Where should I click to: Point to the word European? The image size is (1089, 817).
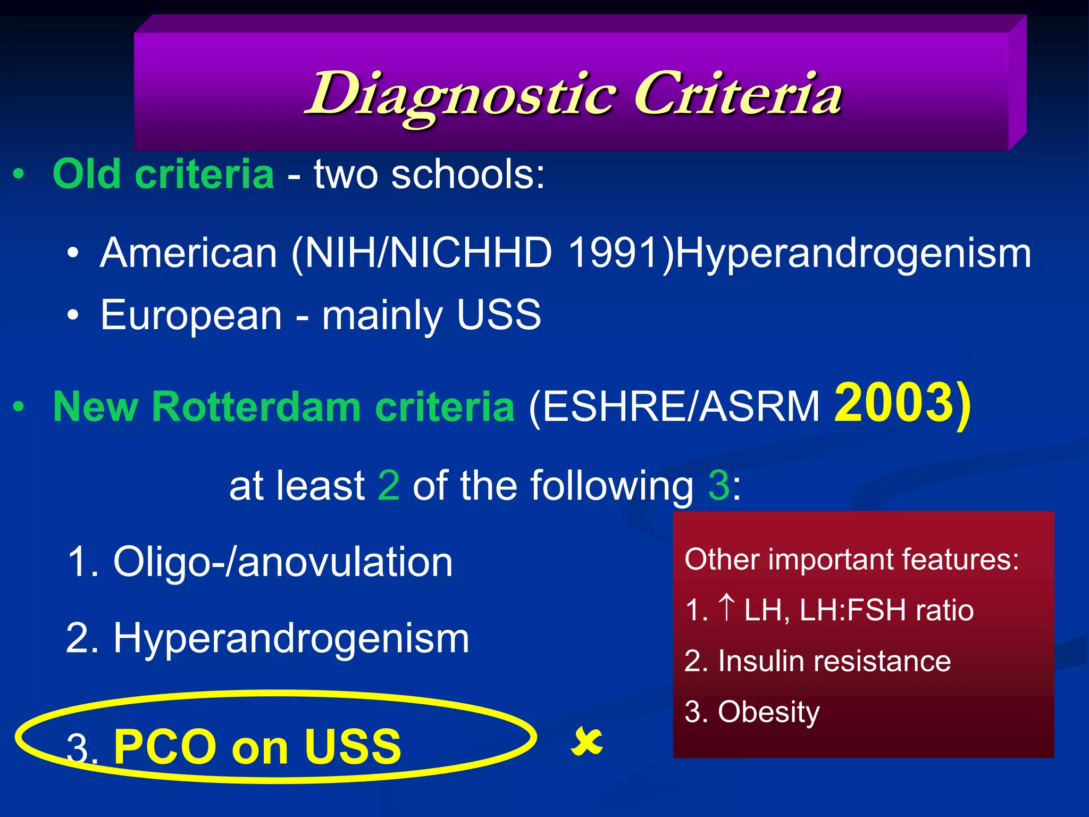point(191,315)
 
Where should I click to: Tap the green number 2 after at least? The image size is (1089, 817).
point(388,485)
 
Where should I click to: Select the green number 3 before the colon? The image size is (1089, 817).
point(719,485)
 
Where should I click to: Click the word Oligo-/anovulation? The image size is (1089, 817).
point(283,562)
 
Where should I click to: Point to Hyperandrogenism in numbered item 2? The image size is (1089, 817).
point(291,638)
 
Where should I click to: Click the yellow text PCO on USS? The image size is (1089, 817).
point(257,747)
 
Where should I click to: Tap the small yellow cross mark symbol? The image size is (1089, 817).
point(587,742)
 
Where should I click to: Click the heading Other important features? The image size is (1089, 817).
point(851,560)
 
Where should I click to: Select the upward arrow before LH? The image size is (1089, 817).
point(726,607)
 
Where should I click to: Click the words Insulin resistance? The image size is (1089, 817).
point(834,661)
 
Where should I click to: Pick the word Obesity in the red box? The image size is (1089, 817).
point(768,712)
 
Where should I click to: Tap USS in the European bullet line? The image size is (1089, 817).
point(498,315)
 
